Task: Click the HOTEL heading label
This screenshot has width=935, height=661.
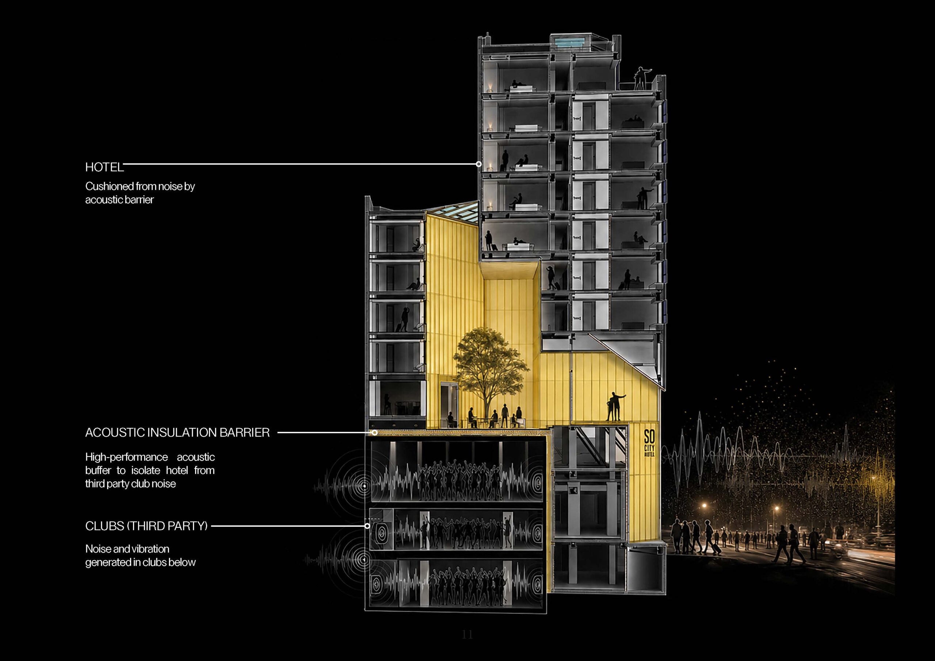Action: click(x=104, y=167)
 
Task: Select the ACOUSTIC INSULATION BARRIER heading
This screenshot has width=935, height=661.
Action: click(x=177, y=433)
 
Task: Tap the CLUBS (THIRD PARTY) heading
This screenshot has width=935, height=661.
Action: click(x=146, y=526)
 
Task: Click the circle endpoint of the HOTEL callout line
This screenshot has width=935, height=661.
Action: click(x=479, y=164)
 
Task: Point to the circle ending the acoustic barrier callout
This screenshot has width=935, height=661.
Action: click(x=375, y=433)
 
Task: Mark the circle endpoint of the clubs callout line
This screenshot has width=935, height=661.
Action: click(x=367, y=526)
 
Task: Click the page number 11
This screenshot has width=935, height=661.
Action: click(x=467, y=634)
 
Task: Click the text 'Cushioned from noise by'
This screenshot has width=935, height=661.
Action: click(x=140, y=187)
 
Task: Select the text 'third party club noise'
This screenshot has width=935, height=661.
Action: click(x=130, y=484)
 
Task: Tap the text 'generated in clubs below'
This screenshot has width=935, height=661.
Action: click(x=141, y=562)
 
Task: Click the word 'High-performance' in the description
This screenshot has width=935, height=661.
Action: click(x=126, y=457)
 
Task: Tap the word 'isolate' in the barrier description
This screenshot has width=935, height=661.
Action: click(x=145, y=470)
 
